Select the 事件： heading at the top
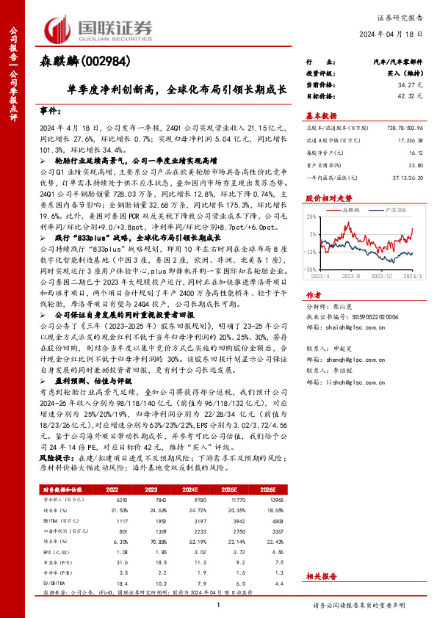click(51, 110)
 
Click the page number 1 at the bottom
click(220, 605)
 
